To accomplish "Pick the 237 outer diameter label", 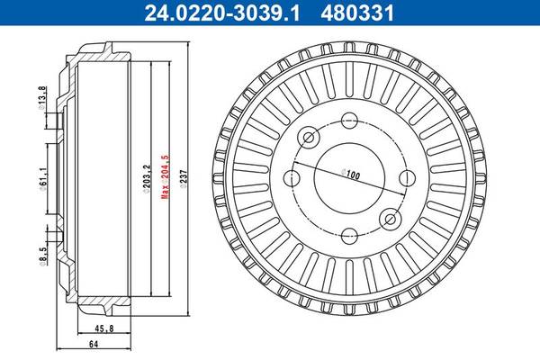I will pyautogui.click(x=184, y=176).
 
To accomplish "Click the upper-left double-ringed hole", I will pyautogui.click(x=309, y=138).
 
